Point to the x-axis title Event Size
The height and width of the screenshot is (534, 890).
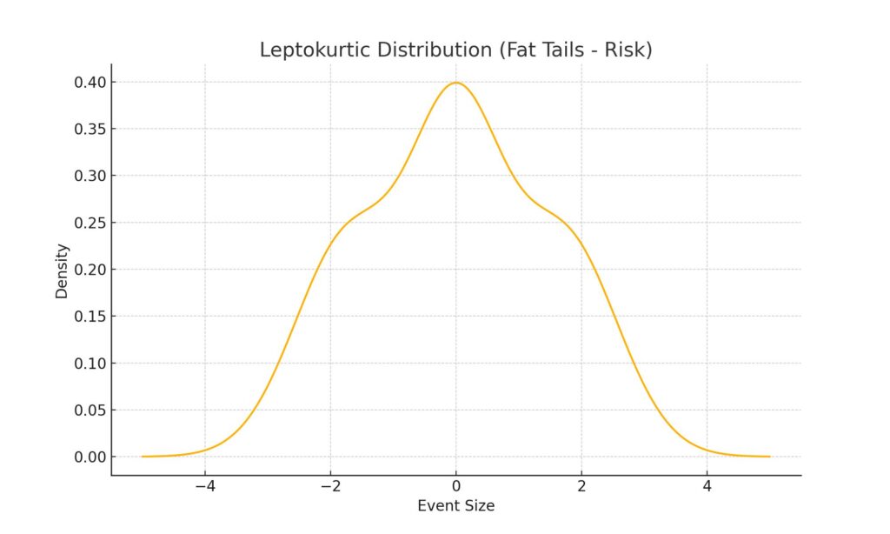456,505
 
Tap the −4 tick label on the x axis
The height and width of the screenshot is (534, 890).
205,485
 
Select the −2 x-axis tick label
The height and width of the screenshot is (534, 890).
330,485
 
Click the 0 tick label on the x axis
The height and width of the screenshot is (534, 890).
456,485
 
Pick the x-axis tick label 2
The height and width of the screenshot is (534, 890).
581,485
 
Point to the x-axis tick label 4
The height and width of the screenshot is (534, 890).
707,485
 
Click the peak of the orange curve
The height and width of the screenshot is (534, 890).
456,83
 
